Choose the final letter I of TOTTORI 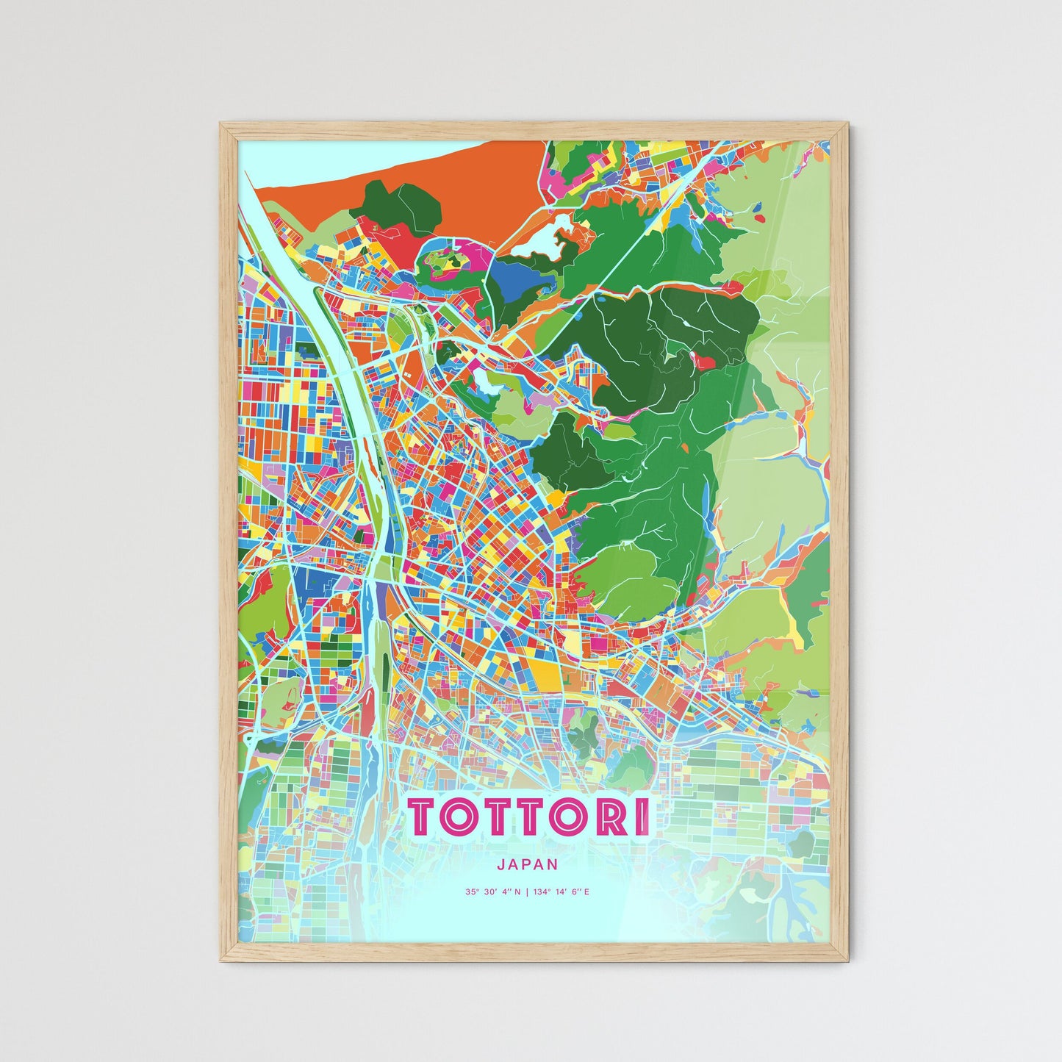tap(643, 817)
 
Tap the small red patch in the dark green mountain tap(703, 362)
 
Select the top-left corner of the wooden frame tap(222, 124)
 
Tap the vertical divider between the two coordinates tap(527, 892)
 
